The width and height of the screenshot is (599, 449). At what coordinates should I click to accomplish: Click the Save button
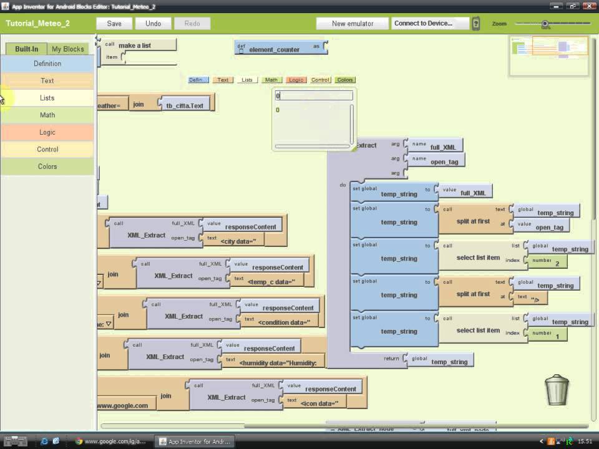pyautogui.click(x=114, y=24)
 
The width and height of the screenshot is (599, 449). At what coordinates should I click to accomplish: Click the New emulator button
pyautogui.click(x=353, y=24)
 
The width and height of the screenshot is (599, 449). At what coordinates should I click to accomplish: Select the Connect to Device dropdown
pyautogui.click(x=430, y=24)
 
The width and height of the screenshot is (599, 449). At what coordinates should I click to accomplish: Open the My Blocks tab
pyautogui.click(x=67, y=49)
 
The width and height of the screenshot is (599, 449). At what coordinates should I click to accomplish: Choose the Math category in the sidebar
pyautogui.click(x=47, y=115)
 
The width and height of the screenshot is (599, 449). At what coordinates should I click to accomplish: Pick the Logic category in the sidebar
pyautogui.click(x=47, y=132)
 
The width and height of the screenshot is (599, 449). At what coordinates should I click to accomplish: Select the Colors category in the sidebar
pyautogui.click(x=47, y=167)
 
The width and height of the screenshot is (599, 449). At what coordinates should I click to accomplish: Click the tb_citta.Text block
pyautogui.click(x=185, y=105)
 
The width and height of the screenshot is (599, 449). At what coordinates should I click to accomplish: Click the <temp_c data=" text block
pyautogui.click(x=271, y=281)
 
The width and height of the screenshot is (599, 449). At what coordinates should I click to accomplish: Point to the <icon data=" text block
pyautogui.click(x=319, y=403)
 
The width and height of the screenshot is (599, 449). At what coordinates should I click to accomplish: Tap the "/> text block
pyautogui.click(x=534, y=299)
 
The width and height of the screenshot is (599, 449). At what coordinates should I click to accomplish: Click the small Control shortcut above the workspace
pyautogui.click(x=321, y=80)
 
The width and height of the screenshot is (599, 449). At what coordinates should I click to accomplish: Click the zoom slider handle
pyautogui.click(x=545, y=24)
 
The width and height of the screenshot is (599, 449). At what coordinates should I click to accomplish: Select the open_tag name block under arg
pyautogui.click(x=444, y=162)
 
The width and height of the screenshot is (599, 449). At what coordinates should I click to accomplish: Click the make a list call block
pyautogui.click(x=135, y=45)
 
